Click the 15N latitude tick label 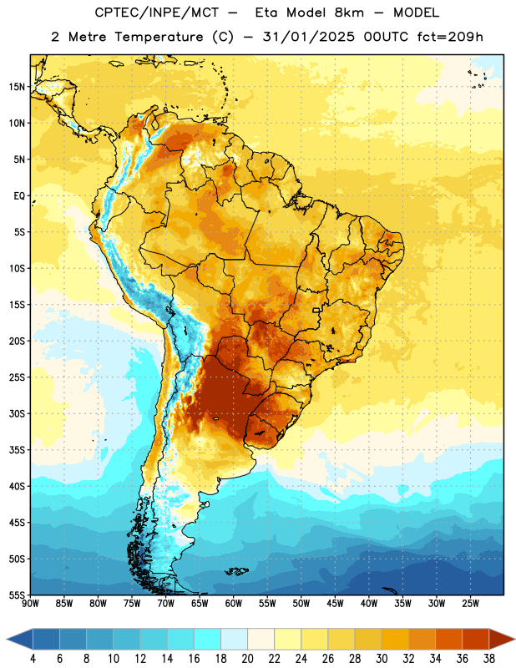click(17, 87)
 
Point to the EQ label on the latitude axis click(19, 196)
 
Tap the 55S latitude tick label click(17, 595)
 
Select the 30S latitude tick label click(17, 413)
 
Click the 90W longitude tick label click(30, 604)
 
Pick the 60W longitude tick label click(234, 604)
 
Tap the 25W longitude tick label click(470, 604)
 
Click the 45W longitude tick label click(335, 604)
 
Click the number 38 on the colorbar click(489, 659)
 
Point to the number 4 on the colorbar click(33, 659)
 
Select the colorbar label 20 click(247, 659)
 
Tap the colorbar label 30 click(382, 659)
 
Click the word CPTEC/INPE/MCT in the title click(156, 13)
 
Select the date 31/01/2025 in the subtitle click(308, 37)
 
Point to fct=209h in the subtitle click(450, 37)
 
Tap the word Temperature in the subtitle click(159, 37)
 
